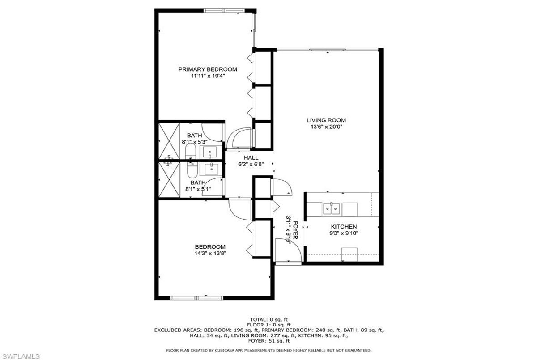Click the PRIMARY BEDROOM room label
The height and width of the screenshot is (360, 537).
pyautogui.click(x=208, y=69)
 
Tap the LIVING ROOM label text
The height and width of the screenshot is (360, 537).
pyautogui.click(x=326, y=120)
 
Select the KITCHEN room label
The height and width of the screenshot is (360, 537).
pyautogui.click(x=344, y=227)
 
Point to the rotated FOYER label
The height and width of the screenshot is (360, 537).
pyautogui.click(x=296, y=230)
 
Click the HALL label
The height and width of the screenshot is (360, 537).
pyautogui.click(x=251, y=157)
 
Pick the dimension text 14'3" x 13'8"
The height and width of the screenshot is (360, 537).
pyautogui.click(x=210, y=254)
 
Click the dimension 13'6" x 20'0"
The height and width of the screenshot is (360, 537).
pyautogui.click(x=326, y=127)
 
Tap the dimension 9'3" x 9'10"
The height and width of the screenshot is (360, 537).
pyautogui.click(x=344, y=233)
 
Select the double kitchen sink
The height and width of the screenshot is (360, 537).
pyautogui.click(x=332, y=209)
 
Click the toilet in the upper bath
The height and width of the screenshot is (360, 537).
pyautogui.click(x=191, y=151)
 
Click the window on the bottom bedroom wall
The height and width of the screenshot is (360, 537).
pyautogui.click(x=196, y=298)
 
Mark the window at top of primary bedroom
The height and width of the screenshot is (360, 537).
pyautogui.click(x=224, y=11)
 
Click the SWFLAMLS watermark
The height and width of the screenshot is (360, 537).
pyautogui.click(x=20, y=356)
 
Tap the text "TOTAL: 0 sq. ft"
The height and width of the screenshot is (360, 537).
pyautogui.click(x=269, y=319)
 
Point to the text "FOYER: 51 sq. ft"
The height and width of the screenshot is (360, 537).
pyautogui.click(x=269, y=341)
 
